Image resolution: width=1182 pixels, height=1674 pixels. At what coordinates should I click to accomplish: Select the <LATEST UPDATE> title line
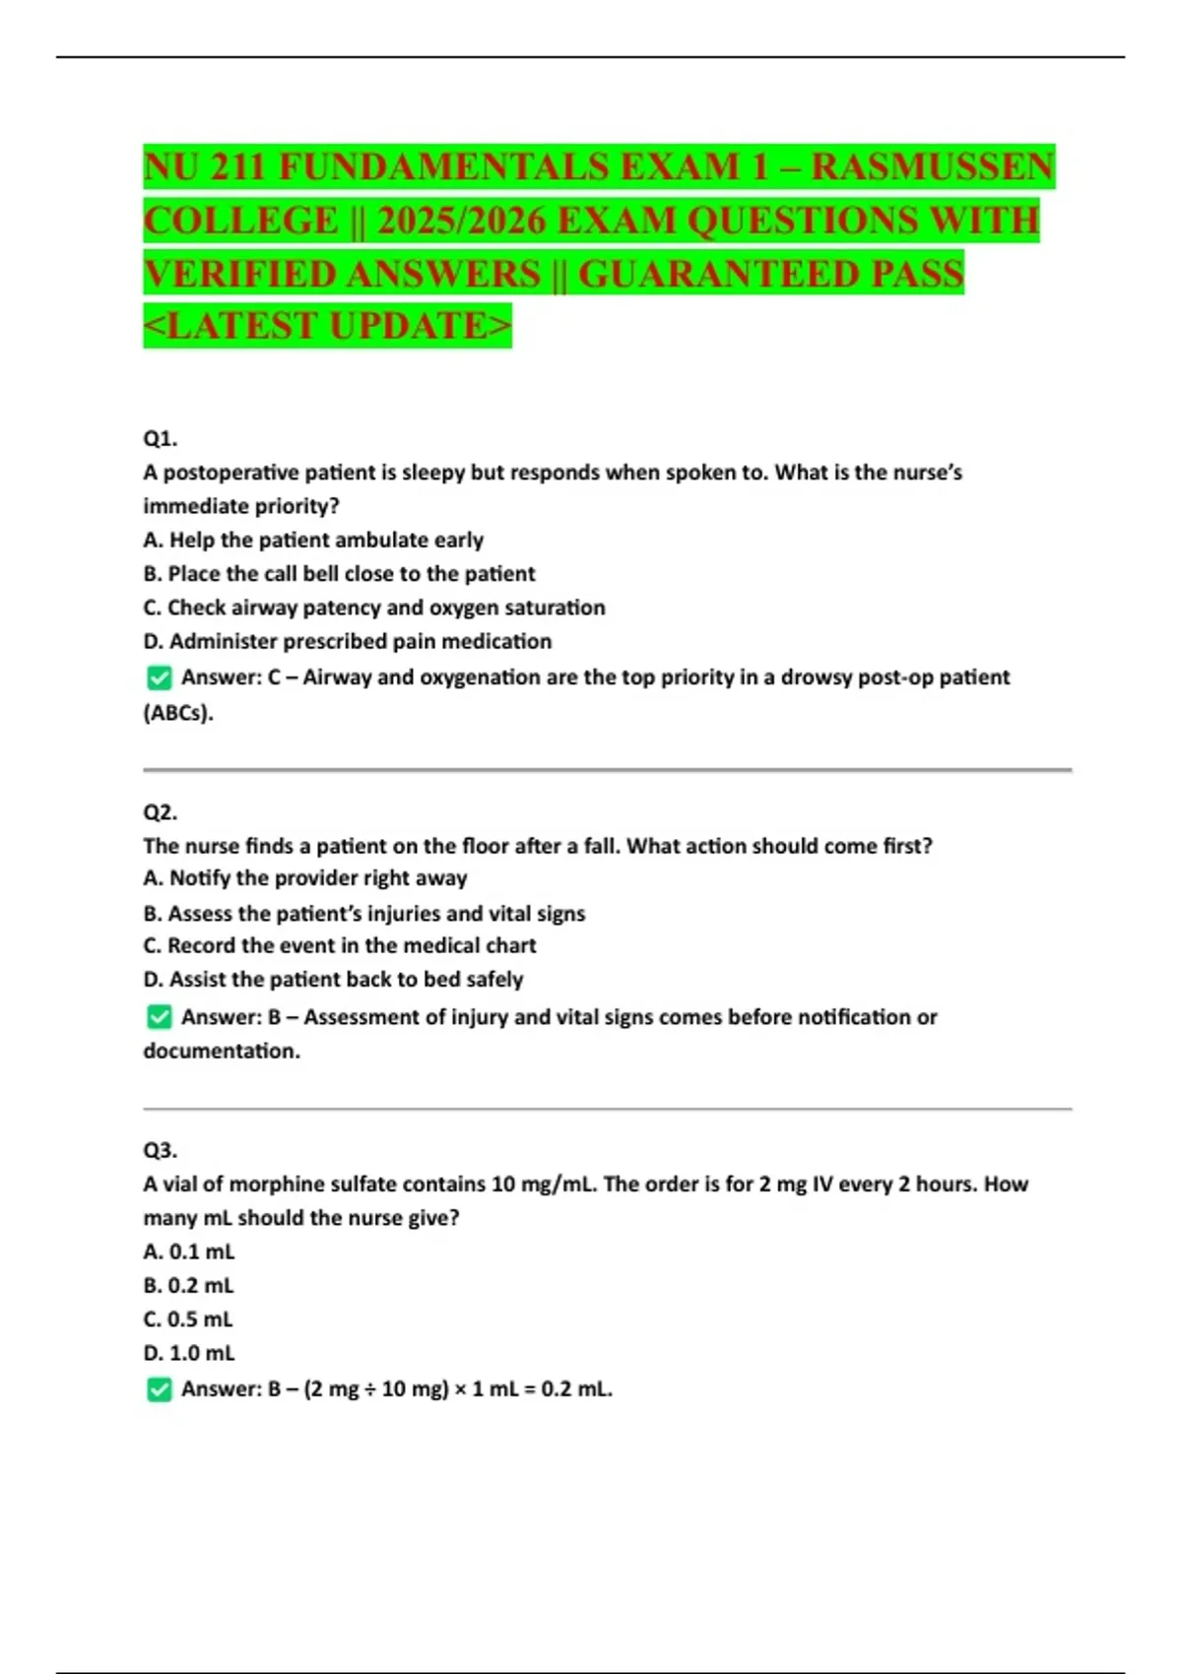(x=327, y=326)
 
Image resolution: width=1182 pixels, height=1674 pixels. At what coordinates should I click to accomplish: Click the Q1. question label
(x=160, y=438)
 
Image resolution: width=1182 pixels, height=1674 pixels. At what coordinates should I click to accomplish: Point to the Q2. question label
(x=160, y=812)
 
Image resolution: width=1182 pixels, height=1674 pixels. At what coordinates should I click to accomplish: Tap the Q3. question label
(x=160, y=1150)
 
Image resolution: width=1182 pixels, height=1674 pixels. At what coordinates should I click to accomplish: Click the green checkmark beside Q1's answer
(x=159, y=678)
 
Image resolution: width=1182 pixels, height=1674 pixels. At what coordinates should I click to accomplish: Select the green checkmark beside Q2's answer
(x=159, y=1017)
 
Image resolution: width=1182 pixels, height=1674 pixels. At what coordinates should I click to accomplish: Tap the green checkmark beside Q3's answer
(x=159, y=1389)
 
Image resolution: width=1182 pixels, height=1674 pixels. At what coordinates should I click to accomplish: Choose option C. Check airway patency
(x=374, y=608)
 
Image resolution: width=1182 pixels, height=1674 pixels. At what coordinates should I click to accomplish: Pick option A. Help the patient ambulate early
(x=313, y=540)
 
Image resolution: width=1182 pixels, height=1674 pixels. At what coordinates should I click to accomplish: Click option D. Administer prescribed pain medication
(x=347, y=641)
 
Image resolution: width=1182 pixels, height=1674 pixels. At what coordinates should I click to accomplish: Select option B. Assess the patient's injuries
(x=364, y=914)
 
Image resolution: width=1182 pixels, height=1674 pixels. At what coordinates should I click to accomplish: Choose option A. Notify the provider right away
(x=305, y=877)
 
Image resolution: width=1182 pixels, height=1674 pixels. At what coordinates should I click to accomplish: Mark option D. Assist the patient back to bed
(x=333, y=979)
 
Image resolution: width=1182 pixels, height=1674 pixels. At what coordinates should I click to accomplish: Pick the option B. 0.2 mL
(x=189, y=1285)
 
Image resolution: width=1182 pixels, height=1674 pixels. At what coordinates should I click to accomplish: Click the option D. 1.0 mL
(x=189, y=1353)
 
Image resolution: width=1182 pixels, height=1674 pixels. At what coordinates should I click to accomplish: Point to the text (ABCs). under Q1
(x=178, y=713)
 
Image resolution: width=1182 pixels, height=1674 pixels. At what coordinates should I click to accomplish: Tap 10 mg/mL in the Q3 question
(x=544, y=1184)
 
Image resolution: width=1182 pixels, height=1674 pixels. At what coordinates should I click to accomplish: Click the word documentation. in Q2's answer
(x=222, y=1051)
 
